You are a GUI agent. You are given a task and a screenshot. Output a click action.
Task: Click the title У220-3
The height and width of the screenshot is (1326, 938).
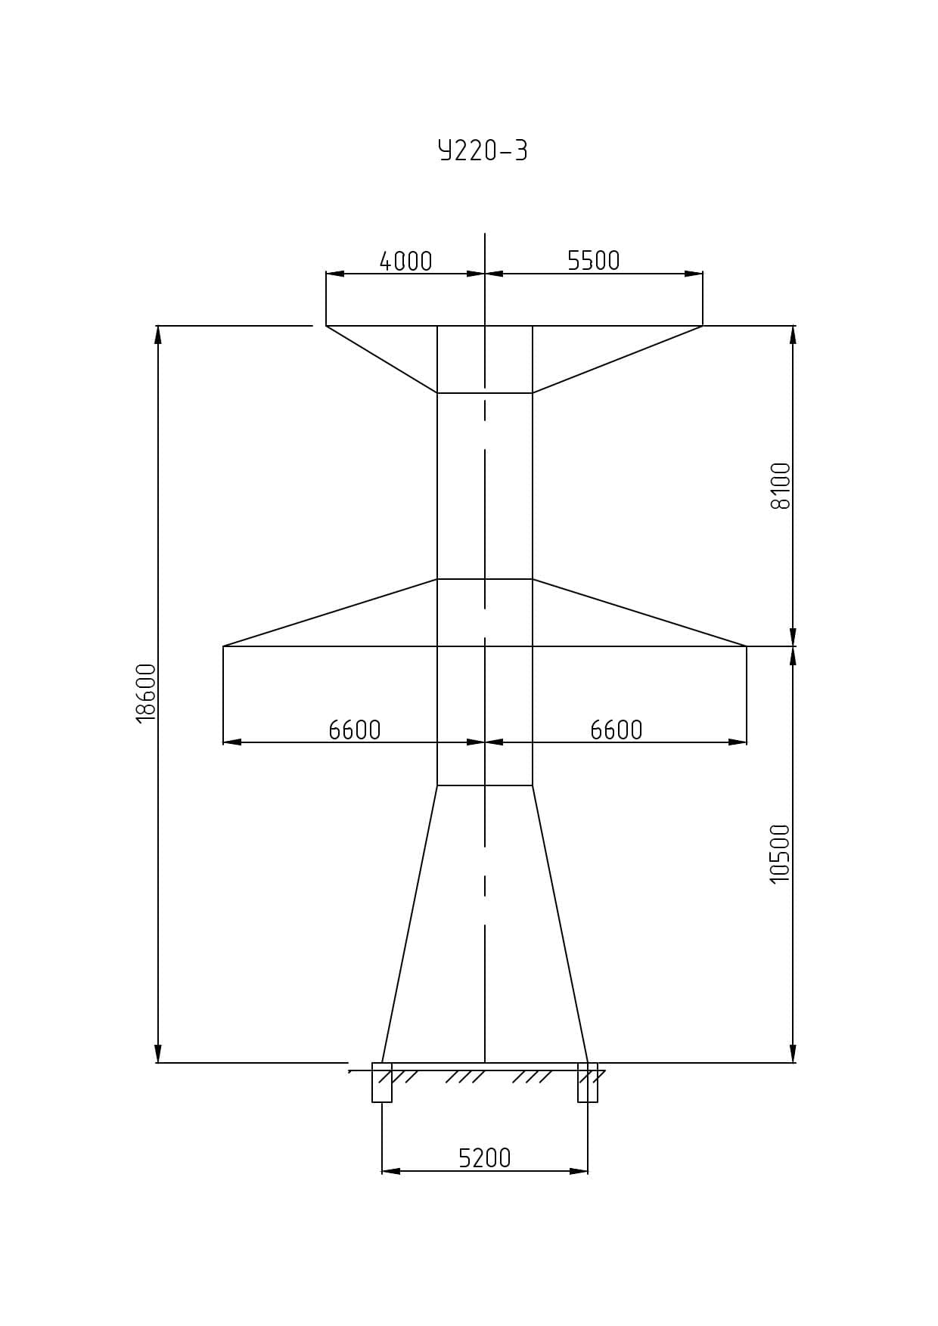click(483, 150)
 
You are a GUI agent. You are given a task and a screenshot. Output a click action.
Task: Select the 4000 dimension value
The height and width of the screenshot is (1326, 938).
click(405, 261)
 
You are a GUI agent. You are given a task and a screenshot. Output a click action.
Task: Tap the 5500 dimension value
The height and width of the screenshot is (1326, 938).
click(594, 260)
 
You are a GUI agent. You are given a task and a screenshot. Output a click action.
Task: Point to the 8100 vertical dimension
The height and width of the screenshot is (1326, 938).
click(781, 486)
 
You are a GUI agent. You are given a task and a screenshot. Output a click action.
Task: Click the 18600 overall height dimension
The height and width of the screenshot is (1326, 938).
click(145, 694)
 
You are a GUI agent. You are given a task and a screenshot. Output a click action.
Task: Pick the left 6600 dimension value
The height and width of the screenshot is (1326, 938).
click(355, 730)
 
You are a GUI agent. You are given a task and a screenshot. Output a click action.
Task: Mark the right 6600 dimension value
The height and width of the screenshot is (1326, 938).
click(617, 730)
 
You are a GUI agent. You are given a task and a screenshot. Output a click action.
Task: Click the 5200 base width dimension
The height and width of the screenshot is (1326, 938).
click(485, 1158)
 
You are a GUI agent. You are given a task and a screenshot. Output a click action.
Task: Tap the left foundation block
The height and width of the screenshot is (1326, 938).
click(382, 1083)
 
